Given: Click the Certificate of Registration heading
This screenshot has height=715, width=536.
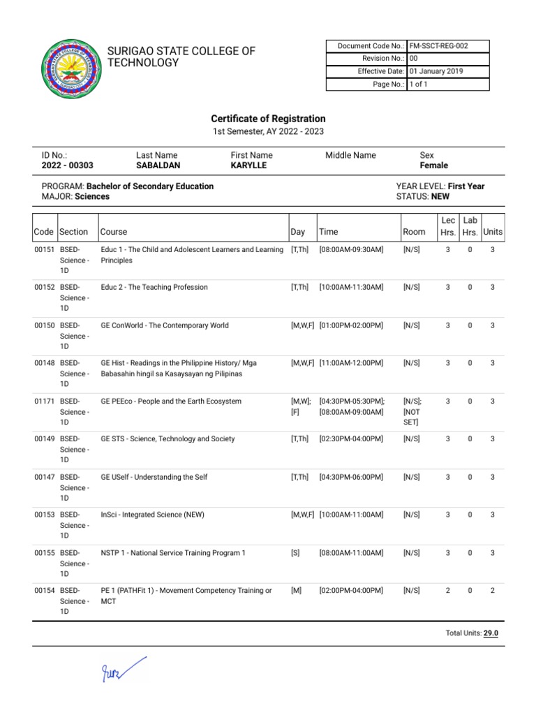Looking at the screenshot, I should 268,119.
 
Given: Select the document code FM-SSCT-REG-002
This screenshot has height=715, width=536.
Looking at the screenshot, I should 438,46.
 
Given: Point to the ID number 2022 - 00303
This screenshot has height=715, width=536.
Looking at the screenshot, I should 67,165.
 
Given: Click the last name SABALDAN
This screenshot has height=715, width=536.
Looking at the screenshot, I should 158,165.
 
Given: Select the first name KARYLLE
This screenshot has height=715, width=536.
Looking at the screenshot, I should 248,165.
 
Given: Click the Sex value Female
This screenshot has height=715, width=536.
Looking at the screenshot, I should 433,165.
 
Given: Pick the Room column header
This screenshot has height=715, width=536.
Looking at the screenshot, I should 414,232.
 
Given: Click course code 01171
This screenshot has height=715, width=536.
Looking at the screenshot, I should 45,401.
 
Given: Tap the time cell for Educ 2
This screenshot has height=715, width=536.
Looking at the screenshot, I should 351,288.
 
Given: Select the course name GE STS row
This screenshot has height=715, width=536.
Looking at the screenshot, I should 167,439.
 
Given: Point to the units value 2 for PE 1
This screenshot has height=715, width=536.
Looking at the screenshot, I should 492,591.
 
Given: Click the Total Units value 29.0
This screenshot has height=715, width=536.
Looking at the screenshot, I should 491,633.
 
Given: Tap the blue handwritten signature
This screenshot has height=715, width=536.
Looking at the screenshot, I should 123,668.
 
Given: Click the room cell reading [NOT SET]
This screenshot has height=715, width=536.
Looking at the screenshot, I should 411,417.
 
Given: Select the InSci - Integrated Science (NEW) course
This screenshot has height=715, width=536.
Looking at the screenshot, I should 152,515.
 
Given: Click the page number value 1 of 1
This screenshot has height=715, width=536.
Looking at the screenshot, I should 419,84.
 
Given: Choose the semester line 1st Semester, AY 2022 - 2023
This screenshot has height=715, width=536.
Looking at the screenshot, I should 268,131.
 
